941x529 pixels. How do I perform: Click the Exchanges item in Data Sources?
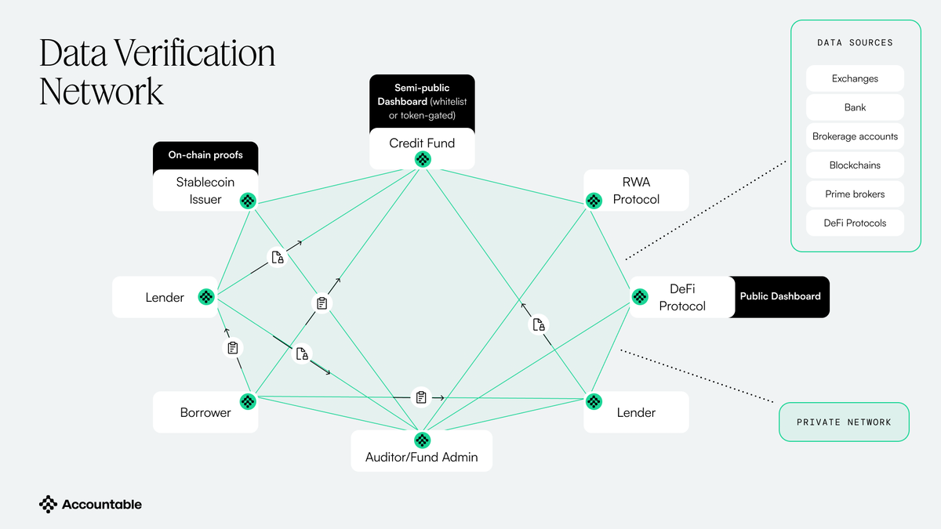(855, 78)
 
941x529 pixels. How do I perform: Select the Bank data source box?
(855, 107)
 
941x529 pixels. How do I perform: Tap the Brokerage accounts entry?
(855, 136)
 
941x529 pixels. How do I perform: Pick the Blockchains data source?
(855, 165)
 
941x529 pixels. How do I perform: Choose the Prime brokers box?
(855, 194)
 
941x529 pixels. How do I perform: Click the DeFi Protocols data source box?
(855, 223)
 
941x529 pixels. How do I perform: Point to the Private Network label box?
(844, 422)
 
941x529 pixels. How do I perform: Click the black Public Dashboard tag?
(780, 296)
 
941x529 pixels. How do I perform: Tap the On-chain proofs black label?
(205, 155)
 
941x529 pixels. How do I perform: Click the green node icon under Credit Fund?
(423, 160)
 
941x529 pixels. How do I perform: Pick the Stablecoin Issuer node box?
(205, 190)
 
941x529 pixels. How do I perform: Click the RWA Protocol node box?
(636, 190)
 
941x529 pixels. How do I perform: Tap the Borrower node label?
(205, 412)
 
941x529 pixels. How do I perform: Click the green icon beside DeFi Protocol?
(641, 297)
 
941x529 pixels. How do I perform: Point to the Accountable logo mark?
(49, 505)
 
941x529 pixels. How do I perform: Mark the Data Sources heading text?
(855, 43)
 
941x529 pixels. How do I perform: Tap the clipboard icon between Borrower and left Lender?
(232, 348)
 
